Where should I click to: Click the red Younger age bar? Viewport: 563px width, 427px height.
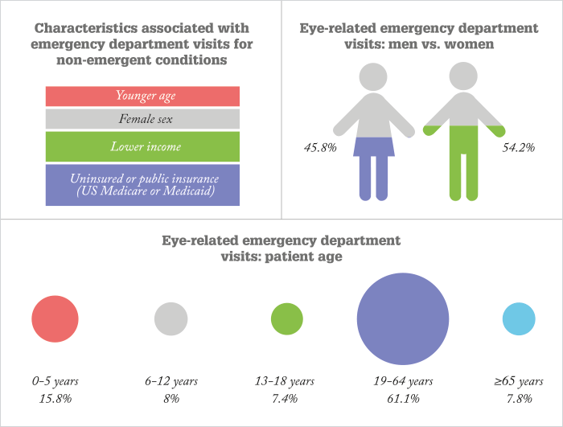point(142,96)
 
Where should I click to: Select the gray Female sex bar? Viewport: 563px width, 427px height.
point(142,119)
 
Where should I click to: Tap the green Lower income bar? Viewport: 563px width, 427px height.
point(142,146)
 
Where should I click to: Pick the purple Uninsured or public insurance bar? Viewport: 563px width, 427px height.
point(142,185)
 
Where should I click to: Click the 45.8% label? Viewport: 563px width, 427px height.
point(320,148)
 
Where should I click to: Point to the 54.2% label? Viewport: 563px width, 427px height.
point(518,148)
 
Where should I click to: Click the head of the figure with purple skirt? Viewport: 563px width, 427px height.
point(373,77)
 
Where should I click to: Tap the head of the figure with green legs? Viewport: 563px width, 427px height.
point(463,76)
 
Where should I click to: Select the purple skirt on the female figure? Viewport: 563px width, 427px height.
point(374,147)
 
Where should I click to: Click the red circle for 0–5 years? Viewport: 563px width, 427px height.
point(55,319)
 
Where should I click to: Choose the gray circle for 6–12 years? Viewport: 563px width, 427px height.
point(171,319)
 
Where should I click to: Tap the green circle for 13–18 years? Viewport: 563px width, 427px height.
point(287,319)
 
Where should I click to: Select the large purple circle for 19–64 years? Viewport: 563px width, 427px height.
point(403,319)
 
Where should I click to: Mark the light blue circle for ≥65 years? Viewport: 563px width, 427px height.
point(519,319)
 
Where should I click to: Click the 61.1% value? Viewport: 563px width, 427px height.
point(403,399)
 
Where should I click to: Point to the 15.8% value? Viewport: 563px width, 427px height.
point(55,399)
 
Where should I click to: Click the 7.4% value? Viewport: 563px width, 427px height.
point(285,399)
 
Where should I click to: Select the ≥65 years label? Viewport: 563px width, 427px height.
point(519,381)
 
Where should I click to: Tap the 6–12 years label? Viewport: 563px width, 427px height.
point(171,381)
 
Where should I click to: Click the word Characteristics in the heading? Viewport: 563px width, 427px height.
point(86,28)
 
